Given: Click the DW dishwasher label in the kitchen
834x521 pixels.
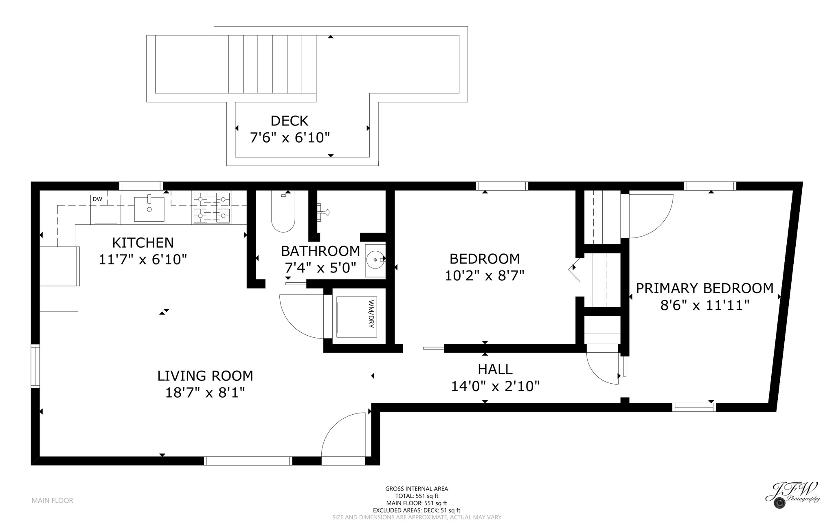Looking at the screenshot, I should pos(97,199).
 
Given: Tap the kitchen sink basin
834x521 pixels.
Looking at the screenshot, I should pos(149,209).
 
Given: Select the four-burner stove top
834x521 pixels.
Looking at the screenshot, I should pos(212,208).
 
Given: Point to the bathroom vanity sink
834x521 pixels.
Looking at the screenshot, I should pos(375,260).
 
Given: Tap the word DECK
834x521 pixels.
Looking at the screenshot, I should pos(289,121).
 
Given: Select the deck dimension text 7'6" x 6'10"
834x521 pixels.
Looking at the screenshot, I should pos(289,138).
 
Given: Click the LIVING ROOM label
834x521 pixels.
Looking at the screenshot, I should pos(205,376).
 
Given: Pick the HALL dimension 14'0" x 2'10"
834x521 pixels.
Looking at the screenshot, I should pos(495,386).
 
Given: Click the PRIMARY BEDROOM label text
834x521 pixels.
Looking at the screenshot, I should pos(704,288).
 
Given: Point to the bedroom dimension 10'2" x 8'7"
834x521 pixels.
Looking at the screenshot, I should pos(484,276).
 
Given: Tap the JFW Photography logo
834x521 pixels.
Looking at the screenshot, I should pos(792,494).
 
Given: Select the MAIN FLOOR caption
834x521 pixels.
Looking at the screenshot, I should pos(52,500).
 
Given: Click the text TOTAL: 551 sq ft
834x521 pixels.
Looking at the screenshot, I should pos(417,496).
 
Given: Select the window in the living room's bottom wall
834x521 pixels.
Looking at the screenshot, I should pos(248,461).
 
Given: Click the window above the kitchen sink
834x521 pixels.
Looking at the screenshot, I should pos(141,186).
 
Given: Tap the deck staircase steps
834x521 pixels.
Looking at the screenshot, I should pos(265,64).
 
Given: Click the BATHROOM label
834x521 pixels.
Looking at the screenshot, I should pos(320,251).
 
